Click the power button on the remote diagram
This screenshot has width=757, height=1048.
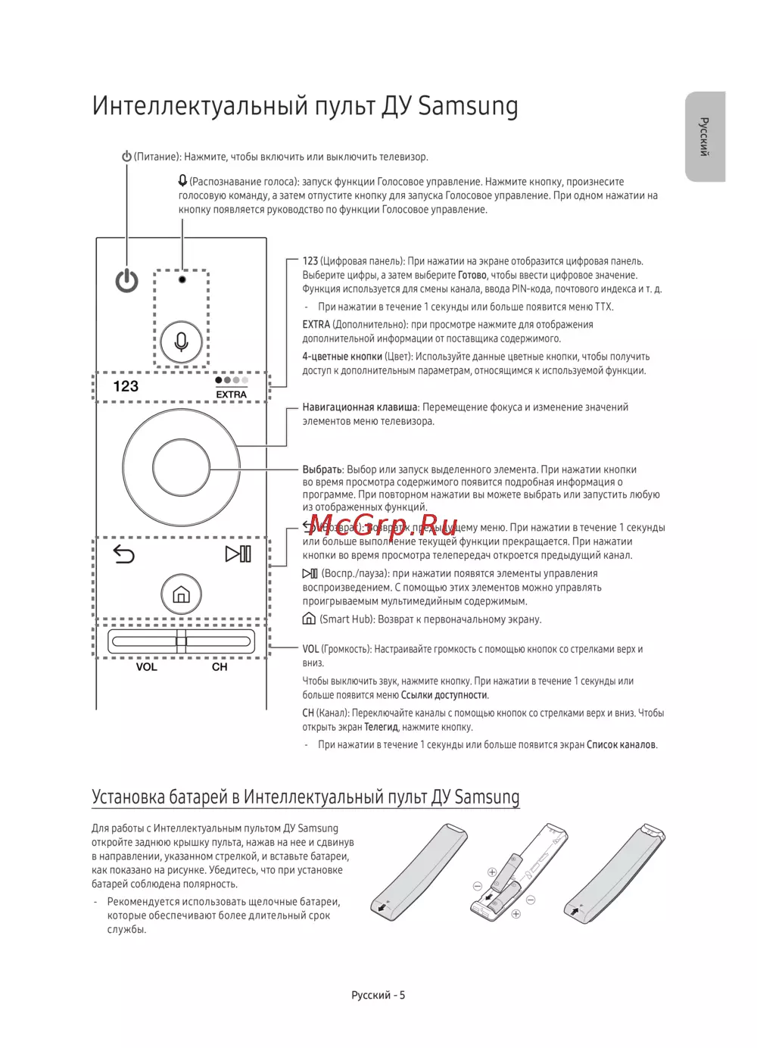126,281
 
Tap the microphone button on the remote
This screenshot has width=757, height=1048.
182,342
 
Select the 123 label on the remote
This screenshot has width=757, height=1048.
126,386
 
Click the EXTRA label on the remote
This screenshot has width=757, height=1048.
232,395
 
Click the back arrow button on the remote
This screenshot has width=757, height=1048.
123,554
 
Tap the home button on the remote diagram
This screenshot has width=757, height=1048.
181,594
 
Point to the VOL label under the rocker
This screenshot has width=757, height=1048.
147,667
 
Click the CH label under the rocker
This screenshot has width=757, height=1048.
220,667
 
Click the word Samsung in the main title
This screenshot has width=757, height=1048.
468,106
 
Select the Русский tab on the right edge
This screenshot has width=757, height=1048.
705,137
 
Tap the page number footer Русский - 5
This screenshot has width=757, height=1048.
378,995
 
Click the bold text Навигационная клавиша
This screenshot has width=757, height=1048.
360,407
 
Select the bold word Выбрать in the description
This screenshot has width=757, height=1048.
322,469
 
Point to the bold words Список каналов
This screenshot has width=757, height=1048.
621,745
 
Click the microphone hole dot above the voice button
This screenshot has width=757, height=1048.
182,279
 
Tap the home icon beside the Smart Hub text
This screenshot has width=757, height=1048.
309,619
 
